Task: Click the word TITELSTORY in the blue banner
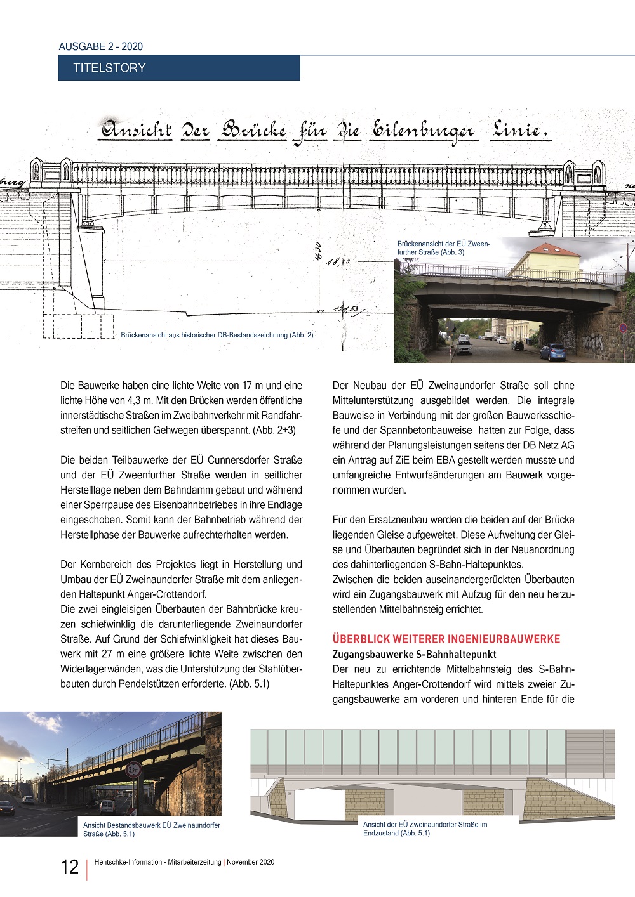pyautogui.click(x=109, y=68)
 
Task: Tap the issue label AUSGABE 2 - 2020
pyautogui.click(x=101, y=46)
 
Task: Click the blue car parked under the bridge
pyautogui.click(x=552, y=351)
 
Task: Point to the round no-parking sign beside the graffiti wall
pyautogui.click(x=623, y=328)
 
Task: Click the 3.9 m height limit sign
pyautogui.click(x=133, y=770)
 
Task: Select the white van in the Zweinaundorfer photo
pyautogui.click(x=107, y=806)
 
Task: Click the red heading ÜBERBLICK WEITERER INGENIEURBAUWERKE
pyautogui.click(x=446, y=639)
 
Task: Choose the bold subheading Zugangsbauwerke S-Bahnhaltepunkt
pyautogui.click(x=415, y=654)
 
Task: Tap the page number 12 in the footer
pyautogui.click(x=69, y=867)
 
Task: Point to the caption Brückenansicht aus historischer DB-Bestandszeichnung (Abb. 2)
pyautogui.click(x=217, y=335)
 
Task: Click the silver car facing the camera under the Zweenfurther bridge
pyautogui.click(x=464, y=347)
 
